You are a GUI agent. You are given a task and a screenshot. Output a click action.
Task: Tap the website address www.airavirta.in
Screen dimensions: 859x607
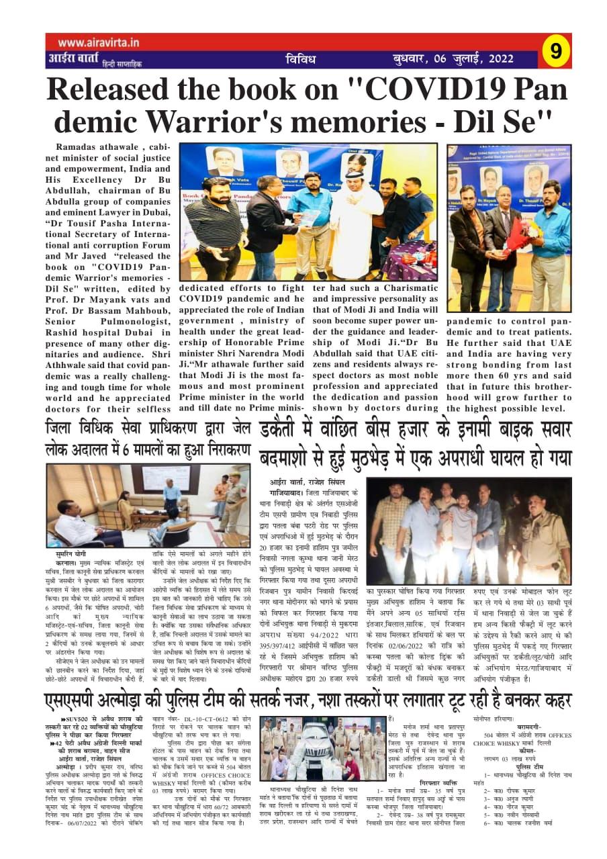click(93, 42)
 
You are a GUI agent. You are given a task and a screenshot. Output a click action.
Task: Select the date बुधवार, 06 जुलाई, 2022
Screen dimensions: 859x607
click(454, 59)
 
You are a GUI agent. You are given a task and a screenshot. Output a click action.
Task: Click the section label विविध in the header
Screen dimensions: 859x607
click(300, 60)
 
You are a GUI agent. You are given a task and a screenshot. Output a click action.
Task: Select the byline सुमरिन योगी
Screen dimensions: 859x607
click(73, 555)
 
